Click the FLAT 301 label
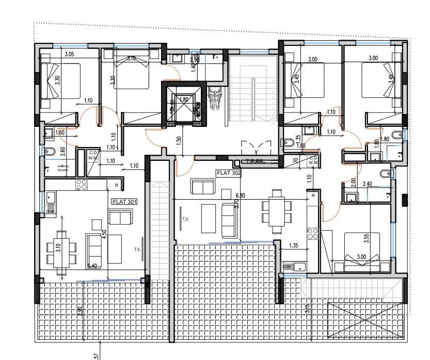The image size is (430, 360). tap(124, 202)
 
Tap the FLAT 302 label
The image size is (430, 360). tap(229, 174)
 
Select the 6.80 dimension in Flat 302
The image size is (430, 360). tap(241, 196)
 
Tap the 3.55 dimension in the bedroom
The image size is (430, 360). tap(366, 239)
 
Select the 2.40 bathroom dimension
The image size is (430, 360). tap(368, 184)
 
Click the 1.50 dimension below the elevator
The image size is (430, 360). tap(178, 140)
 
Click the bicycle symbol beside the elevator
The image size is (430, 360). tap(215, 100)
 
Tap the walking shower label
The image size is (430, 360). tap(63, 168)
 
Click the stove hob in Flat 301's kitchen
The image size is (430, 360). tap(82, 184)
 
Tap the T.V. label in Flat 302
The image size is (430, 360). tap(185, 219)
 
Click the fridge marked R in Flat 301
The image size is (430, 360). tap(117, 185)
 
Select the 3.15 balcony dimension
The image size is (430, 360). tap(308, 308)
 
